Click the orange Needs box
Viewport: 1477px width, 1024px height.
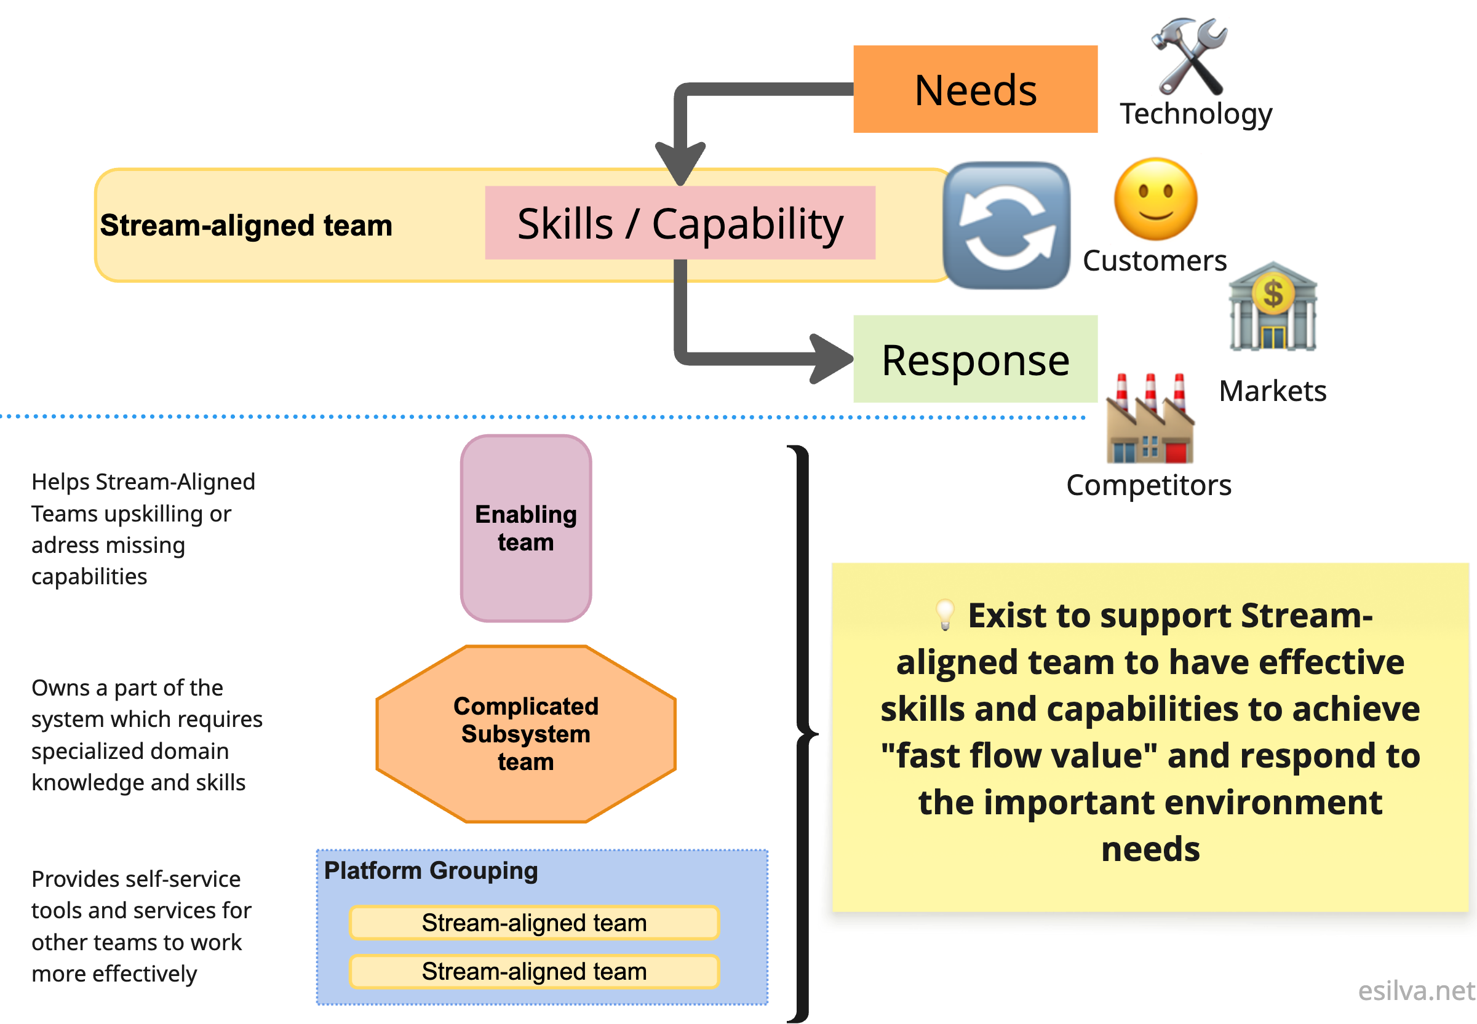coord(974,89)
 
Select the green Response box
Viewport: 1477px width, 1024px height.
coord(974,359)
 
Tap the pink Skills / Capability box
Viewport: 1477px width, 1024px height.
coord(680,223)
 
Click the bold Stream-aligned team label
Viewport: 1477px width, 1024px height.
coord(245,226)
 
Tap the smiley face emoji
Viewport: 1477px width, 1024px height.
coord(1155,199)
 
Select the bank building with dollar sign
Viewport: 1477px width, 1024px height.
coord(1272,307)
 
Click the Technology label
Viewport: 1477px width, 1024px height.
coord(1195,114)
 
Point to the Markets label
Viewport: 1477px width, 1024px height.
coord(1272,391)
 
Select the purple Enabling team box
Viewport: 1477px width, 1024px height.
coord(525,528)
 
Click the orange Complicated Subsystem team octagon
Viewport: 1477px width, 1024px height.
coord(525,733)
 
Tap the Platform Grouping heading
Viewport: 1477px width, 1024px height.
coord(431,871)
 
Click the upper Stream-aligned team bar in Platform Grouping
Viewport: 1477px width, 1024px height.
coord(534,923)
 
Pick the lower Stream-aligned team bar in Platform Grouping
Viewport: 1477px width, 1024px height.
coord(534,971)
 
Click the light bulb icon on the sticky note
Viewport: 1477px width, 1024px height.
coord(944,614)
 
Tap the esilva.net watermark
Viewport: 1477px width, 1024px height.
coord(1416,991)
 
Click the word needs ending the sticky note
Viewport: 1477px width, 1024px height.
coord(1150,849)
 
